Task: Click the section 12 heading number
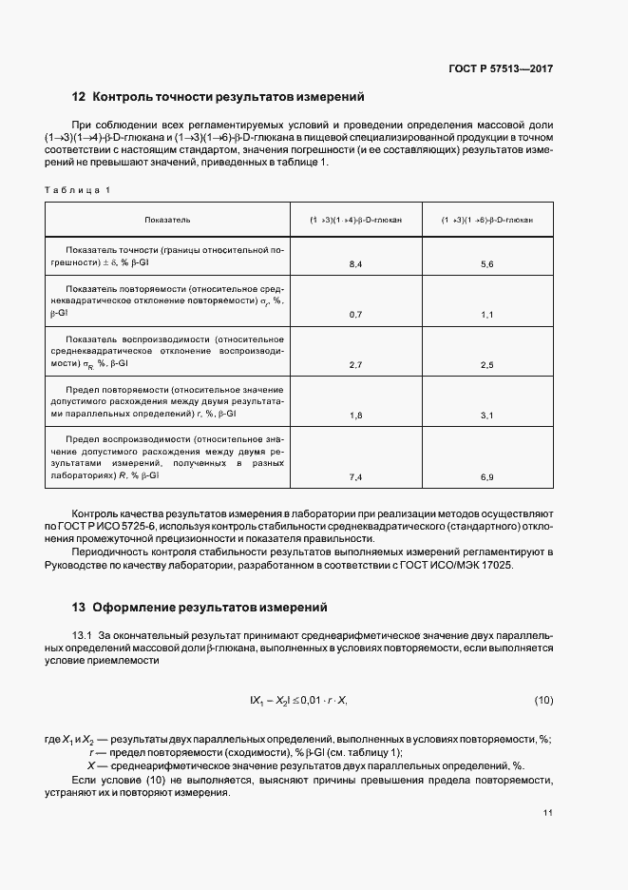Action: tap(79, 97)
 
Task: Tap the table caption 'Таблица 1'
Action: tap(77, 190)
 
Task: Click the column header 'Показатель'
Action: tap(167, 220)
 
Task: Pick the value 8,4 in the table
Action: tap(356, 263)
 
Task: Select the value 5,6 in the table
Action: tap(487, 263)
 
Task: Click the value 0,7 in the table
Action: tap(356, 314)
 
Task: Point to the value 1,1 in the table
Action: tap(487, 314)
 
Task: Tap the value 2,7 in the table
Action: tap(356, 364)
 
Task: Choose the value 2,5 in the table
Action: tap(487, 364)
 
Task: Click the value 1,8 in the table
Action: tap(356, 416)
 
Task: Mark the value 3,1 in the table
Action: tap(487, 416)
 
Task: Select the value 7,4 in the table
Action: tap(356, 475)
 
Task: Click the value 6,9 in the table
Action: tap(487, 475)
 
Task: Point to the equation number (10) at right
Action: tap(543, 701)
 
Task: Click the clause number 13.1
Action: tap(84, 634)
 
